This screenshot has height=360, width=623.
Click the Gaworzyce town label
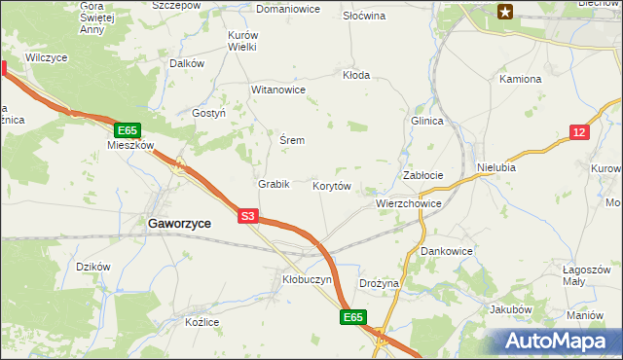180,223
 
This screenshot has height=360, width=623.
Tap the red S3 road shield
248,217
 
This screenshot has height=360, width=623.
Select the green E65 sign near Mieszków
128,129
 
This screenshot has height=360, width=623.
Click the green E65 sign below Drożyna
353,317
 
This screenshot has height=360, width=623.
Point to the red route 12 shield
579,132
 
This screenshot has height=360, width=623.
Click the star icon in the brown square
504,12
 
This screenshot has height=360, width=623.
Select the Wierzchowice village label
409,204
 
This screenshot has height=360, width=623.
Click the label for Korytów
331,185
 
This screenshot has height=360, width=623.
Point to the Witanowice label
278,90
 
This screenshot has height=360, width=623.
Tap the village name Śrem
292,140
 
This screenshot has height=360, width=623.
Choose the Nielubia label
496,167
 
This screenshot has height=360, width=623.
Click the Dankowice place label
447,250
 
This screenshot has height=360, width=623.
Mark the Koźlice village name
202,322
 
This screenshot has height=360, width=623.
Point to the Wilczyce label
47,58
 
